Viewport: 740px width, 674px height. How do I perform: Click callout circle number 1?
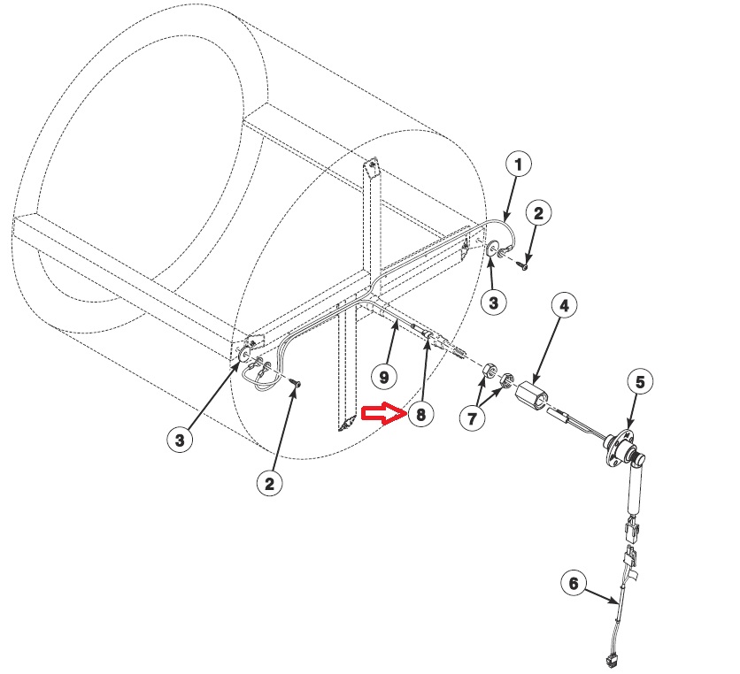pyautogui.click(x=519, y=164)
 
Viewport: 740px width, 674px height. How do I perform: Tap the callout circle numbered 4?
pyautogui.click(x=566, y=306)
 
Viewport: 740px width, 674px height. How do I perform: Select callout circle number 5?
pyautogui.click(x=642, y=382)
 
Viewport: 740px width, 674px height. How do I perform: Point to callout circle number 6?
pyautogui.click(x=574, y=584)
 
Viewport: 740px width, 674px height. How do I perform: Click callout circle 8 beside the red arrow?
pyautogui.click(x=420, y=413)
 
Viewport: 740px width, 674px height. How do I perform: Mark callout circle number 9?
pyautogui.click(x=384, y=377)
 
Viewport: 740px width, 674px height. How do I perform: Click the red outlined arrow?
pyautogui.click(x=382, y=414)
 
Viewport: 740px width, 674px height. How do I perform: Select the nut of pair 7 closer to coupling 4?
pyautogui.click(x=507, y=381)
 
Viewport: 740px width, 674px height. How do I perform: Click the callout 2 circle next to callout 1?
pyautogui.click(x=539, y=212)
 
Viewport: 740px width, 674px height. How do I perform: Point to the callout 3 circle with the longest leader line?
pyautogui.click(x=180, y=440)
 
